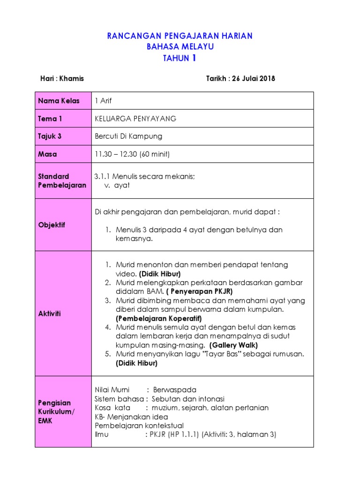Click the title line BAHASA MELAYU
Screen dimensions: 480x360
pos(180,47)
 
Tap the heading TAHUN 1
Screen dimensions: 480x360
pos(180,58)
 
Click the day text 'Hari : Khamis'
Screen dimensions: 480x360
pos(62,78)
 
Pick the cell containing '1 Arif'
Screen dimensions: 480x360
pos(103,101)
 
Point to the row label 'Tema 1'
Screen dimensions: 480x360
pos(50,119)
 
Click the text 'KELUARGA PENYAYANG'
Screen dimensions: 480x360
pos(135,119)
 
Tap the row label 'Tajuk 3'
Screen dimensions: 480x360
pos(50,136)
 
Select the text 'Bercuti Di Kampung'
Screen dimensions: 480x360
pos(128,136)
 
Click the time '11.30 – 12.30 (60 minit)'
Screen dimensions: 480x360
pos(132,154)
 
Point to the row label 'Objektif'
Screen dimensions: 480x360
pos(52,225)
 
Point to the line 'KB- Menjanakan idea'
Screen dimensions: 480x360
pos(131,417)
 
